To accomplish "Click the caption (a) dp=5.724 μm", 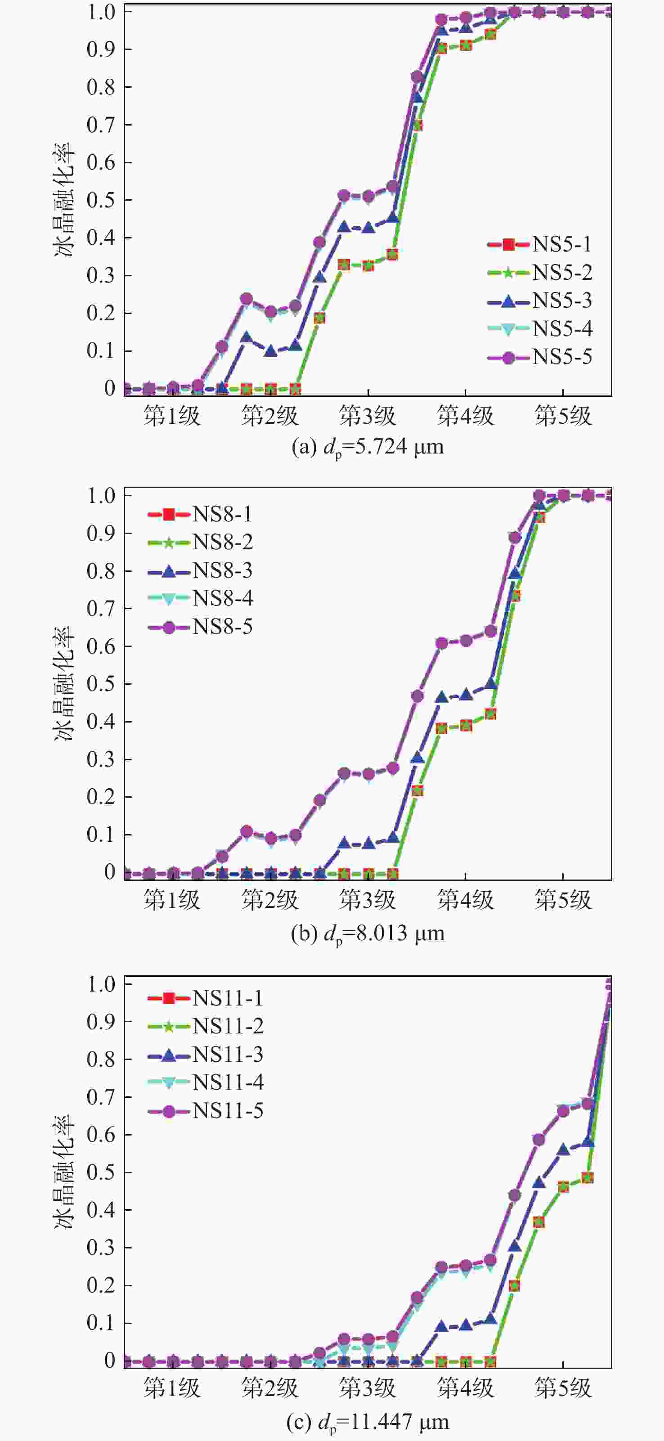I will [x=368, y=447].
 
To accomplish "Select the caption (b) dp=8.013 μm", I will [x=368, y=933].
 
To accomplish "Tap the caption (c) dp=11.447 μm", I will [x=368, y=1421].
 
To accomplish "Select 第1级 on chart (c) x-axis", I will [x=172, y=1388].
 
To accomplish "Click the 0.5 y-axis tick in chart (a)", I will [x=101, y=200].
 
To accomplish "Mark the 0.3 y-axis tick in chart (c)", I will [x=101, y=1248].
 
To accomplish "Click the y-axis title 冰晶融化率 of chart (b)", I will [x=64, y=683].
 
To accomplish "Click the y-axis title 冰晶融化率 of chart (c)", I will [x=64, y=1172].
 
